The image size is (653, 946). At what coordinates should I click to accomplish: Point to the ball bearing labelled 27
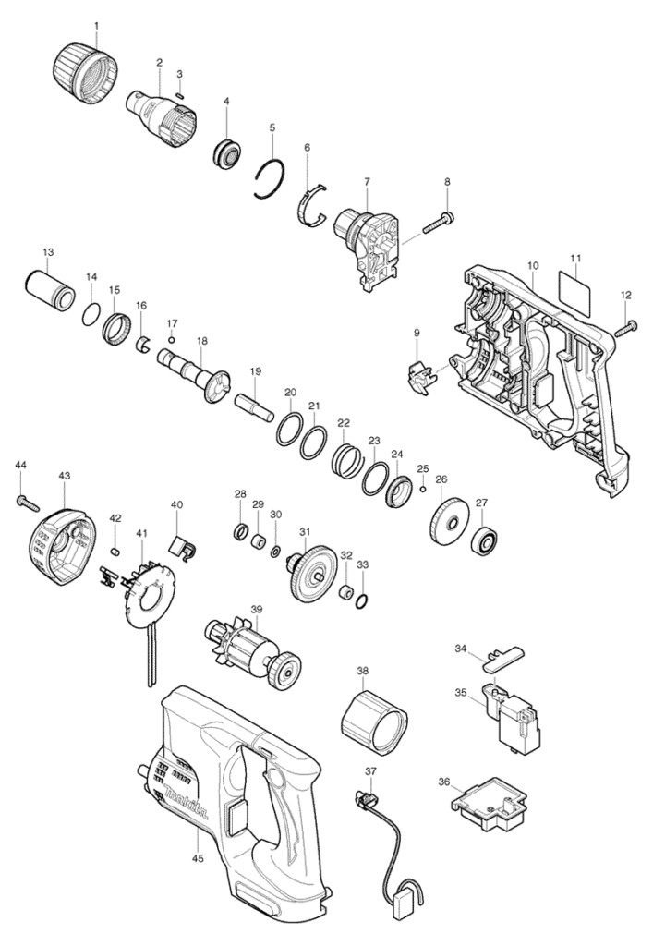[487, 536]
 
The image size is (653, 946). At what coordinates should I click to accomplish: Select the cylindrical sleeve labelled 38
[374, 724]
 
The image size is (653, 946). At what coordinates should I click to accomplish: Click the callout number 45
[200, 856]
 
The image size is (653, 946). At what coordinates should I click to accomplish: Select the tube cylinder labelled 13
[51, 289]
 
